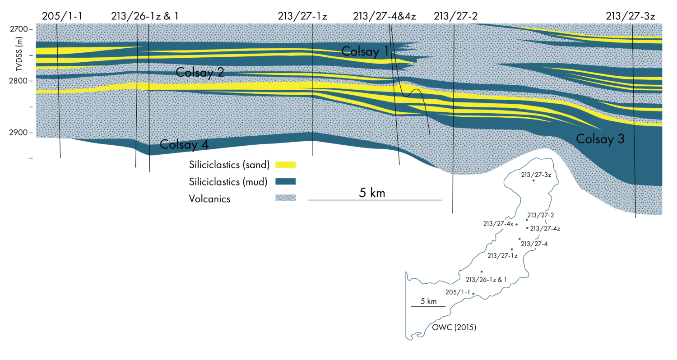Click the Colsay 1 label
coord(365,51)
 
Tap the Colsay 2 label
coord(199,72)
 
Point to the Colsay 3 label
coord(600,139)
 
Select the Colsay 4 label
coord(184,145)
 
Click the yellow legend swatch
coord(285,165)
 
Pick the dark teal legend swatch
coord(285,181)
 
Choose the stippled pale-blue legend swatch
coord(285,198)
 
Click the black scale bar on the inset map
coord(428,307)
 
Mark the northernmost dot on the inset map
coord(533,180)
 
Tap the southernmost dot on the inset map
coord(473,294)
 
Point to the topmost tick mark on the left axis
coord(31,29)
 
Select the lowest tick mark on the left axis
coord(31,158)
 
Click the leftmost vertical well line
coord(58,81)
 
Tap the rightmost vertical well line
coord(634,117)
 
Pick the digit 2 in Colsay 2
coord(220,72)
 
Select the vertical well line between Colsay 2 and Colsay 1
coord(312,81)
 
